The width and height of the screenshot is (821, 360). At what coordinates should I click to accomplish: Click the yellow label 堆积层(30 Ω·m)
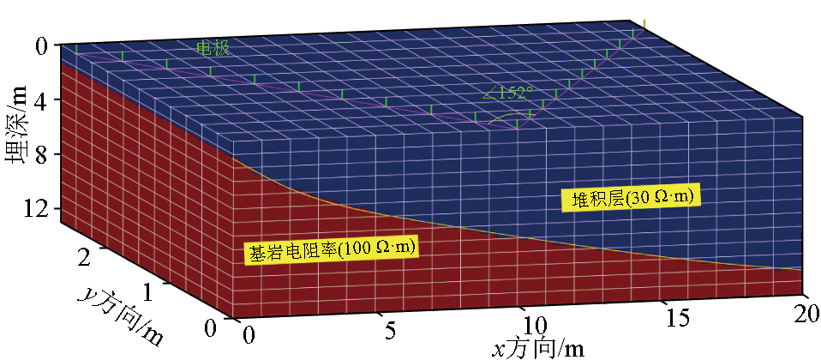point(632,199)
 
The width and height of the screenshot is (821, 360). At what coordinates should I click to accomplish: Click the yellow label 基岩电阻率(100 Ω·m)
point(331,251)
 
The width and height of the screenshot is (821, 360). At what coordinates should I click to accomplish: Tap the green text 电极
point(213,49)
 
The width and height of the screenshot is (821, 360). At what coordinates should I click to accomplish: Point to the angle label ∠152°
point(509,93)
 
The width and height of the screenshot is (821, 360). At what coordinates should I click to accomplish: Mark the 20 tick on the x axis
point(806,311)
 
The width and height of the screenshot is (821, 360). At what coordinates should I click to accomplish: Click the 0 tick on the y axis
point(211,328)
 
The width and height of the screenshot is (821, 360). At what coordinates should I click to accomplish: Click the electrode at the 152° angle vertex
point(517,125)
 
